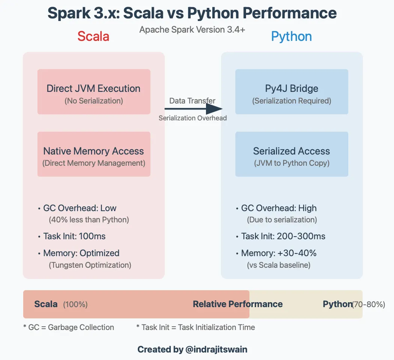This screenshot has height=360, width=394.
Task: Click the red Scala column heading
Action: (x=93, y=36)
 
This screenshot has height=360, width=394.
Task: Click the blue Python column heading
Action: (x=291, y=36)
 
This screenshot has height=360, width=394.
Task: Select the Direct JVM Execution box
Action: (x=94, y=92)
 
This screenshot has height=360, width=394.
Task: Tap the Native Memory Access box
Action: (x=94, y=154)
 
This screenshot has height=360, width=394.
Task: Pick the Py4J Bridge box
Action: (x=291, y=92)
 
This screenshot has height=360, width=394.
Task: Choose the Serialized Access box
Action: (x=291, y=154)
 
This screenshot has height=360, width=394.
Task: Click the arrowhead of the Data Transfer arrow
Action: (x=215, y=109)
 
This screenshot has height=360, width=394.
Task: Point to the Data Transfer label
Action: (x=192, y=100)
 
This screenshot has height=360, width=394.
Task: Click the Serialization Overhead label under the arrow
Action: (x=193, y=118)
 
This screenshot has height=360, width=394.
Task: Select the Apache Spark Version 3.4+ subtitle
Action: (x=192, y=30)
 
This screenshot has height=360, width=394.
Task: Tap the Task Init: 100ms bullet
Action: (x=74, y=236)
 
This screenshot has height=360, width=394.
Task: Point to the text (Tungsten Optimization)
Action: (x=90, y=265)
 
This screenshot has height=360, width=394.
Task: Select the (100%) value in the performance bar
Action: (x=75, y=304)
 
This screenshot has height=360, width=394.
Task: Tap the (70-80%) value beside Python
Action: (x=369, y=304)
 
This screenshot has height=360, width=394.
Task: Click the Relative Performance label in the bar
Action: (x=237, y=304)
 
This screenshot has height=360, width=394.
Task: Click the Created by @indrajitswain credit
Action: (x=192, y=349)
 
